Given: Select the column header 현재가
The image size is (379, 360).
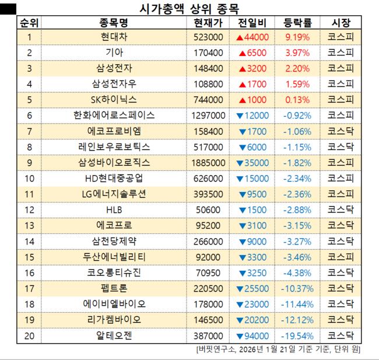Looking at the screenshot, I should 208,23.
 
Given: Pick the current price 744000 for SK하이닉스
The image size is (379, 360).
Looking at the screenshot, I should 208,100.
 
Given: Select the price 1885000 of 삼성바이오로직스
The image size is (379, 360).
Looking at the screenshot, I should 208,163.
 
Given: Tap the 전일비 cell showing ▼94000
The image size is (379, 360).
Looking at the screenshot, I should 252,336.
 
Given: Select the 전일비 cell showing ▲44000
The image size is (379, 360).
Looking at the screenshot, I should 252,37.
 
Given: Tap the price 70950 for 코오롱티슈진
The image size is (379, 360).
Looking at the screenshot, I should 208,273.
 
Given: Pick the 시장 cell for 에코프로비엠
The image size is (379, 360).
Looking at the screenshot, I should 341,131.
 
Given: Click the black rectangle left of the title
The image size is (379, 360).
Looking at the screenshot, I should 8,8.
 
